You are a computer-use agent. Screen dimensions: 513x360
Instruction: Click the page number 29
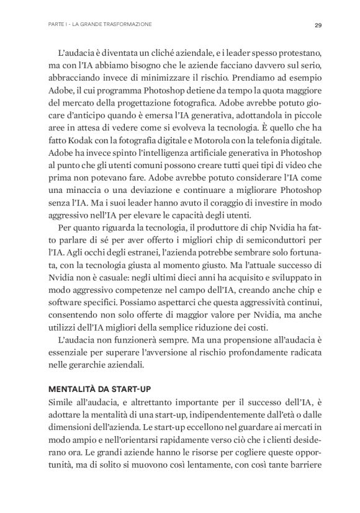point(317,25)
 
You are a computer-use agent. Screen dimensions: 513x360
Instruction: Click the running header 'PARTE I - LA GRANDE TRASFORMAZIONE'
point(100,25)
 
